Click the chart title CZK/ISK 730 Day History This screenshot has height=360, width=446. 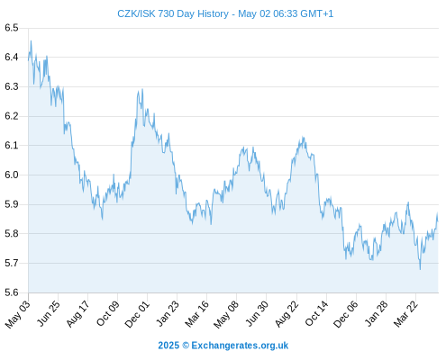pyautogui.click(x=173, y=13)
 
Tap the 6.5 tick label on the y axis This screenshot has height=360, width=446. pyautogui.click(x=12, y=28)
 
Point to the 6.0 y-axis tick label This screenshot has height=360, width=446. pyautogui.click(x=12, y=175)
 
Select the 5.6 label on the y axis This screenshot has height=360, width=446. pyautogui.click(x=12, y=292)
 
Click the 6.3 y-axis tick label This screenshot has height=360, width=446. pyautogui.click(x=12, y=86)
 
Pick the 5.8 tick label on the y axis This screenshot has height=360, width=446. pyautogui.click(x=12, y=234)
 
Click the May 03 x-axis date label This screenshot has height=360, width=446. pyautogui.click(x=18, y=313)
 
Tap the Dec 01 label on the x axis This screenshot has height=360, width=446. pyautogui.click(x=137, y=313)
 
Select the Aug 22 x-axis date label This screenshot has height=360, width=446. pyautogui.click(x=287, y=313)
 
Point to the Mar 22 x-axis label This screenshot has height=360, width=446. pyautogui.click(x=405, y=313)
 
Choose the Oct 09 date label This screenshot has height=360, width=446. pyautogui.click(x=107, y=313)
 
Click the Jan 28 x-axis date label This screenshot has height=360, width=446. pyautogui.click(x=376, y=313)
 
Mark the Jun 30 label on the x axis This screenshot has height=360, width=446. pyautogui.click(x=257, y=313)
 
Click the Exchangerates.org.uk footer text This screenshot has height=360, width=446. pyautogui.click(x=240, y=346)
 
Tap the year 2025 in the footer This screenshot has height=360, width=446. pyautogui.click(x=168, y=346)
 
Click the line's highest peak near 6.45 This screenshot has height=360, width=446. pyautogui.click(x=31, y=41)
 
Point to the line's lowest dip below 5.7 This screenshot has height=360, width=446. pyautogui.click(x=420, y=269)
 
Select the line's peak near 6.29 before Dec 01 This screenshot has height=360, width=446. pyautogui.click(x=142, y=89)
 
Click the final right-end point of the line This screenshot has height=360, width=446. pyautogui.click(x=438, y=221)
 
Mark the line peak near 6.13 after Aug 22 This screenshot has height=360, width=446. pyautogui.click(x=304, y=138)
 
